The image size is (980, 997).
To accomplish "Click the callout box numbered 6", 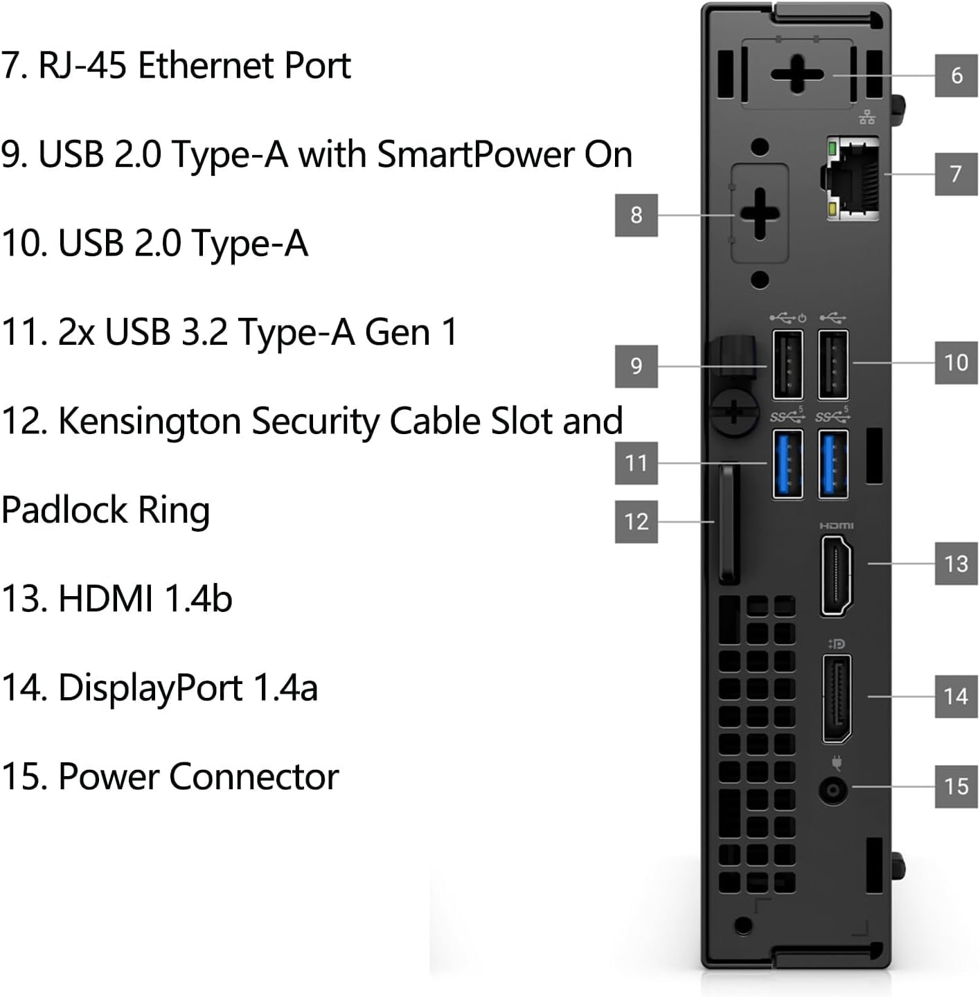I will click(956, 75).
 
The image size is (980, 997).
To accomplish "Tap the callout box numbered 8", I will click(636, 215).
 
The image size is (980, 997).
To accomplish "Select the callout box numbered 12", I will click(636, 521).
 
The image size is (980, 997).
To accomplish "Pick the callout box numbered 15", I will click(956, 786).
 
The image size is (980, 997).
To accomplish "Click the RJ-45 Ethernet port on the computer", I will click(853, 178).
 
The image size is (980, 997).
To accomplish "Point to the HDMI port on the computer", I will click(837, 576).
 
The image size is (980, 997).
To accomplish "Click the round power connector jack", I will click(833, 789).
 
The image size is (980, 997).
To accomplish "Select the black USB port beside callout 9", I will click(787, 365).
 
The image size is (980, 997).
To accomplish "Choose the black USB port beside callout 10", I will click(833, 365).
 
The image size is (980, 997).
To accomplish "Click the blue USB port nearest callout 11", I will click(787, 463).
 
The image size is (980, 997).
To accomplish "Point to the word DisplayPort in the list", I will click(150, 688).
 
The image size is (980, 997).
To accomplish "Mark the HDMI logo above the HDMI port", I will click(837, 526).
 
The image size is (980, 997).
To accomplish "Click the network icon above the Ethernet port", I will click(866, 118).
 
